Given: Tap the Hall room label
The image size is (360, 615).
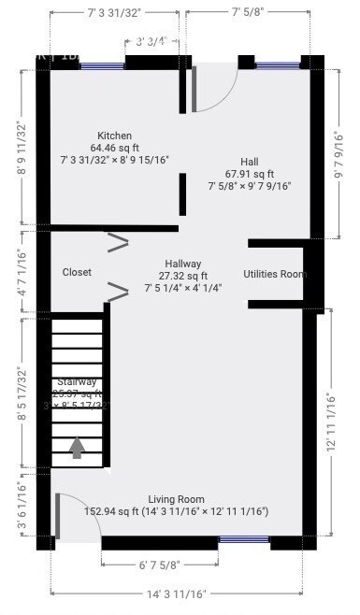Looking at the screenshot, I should (x=249, y=162).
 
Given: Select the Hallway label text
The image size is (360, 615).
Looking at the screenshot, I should (x=182, y=264).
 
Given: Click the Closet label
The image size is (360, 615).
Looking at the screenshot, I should (x=77, y=272).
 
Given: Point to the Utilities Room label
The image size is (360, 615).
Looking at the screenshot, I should (x=275, y=274).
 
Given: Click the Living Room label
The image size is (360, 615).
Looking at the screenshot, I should (x=176, y=499).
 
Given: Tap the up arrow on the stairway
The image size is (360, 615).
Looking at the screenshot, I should (x=77, y=448).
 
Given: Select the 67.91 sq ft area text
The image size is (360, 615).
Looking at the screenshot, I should (x=249, y=174).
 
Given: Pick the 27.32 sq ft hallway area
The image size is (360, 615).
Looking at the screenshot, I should (x=182, y=276).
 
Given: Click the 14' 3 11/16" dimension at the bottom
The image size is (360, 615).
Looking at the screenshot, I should (x=176, y=594).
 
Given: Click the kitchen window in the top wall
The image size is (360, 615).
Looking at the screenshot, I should (x=101, y=65).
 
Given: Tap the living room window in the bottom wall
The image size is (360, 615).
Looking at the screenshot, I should (x=244, y=540).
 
